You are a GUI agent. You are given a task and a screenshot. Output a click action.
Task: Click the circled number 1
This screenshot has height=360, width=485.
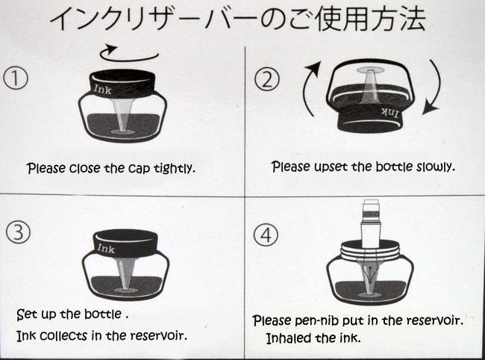point(16,78)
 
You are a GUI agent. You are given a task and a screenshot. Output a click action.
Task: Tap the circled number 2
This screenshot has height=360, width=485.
point(266,79)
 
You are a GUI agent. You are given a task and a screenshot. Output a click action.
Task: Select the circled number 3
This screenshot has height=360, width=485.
point(18,232)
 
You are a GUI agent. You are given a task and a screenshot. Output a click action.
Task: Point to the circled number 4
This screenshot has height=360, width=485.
point(266,235)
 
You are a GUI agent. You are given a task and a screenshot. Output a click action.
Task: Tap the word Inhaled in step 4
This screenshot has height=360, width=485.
point(286,338)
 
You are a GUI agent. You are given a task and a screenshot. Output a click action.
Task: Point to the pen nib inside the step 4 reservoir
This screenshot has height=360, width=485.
point(370,273)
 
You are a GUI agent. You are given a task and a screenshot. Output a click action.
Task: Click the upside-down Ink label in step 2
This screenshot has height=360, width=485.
point(389,114)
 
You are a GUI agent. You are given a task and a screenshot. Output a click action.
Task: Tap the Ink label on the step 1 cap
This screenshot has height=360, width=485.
point(102,90)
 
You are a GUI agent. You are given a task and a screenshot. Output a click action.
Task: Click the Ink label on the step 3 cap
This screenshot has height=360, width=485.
point(106,248)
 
